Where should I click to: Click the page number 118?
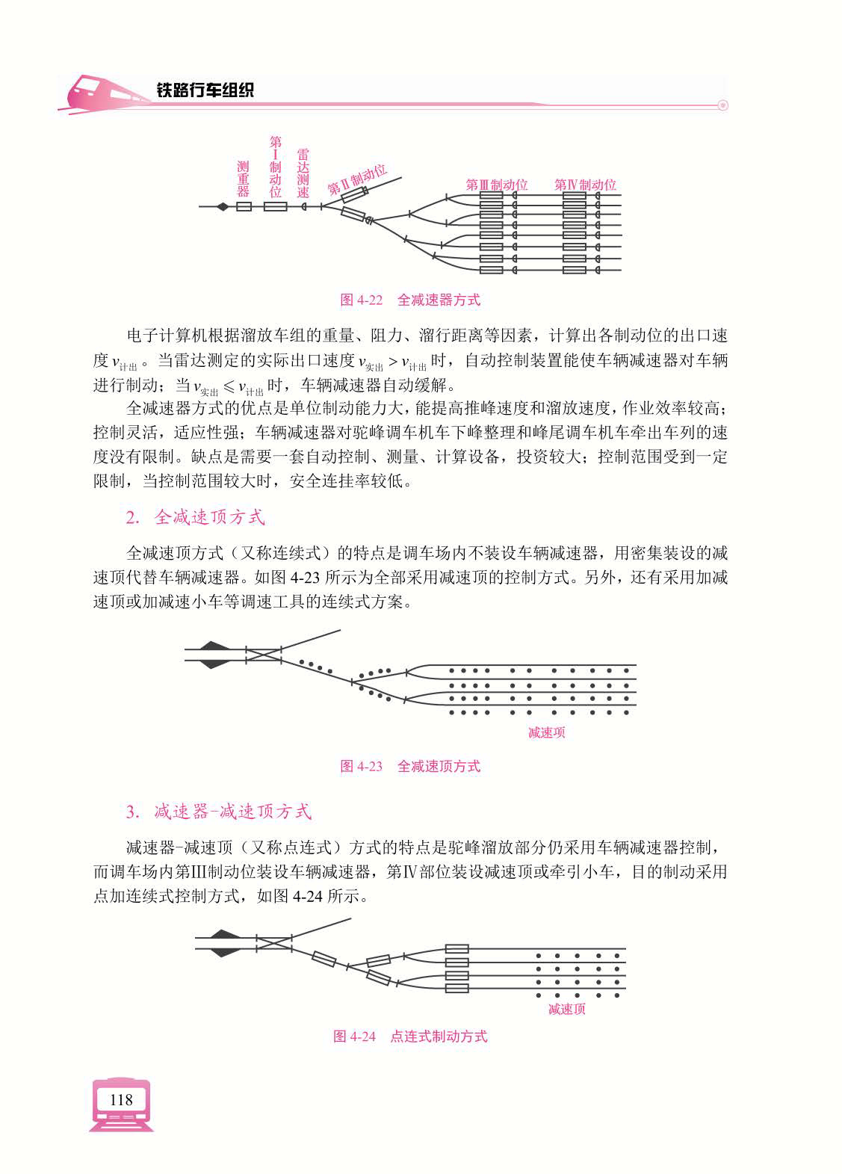(x=120, y=1099)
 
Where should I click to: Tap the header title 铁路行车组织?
(x=205, y=90)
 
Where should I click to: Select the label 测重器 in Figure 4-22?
(x=243, y=179)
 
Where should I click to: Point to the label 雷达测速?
(x=303, y=173)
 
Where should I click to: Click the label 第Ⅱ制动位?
(x=357, y=180)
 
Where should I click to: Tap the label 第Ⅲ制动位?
(x=496, y=185)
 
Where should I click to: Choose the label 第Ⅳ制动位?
(x=585, y=185)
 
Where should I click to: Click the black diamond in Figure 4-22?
(x=222, y=206)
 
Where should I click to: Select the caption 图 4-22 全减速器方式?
(x=409, y=300)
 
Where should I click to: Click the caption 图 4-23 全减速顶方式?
(x=409, y=766)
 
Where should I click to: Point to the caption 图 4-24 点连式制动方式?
(x=409, y=1036)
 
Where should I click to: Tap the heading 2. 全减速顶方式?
(x=195, y=517)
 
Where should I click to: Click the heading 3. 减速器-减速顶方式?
(x=219, y=812)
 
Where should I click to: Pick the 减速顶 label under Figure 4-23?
(x=546, y=732)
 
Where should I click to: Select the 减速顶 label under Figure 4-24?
(x=566, y=1010)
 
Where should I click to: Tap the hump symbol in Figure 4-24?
(x=222, y=943)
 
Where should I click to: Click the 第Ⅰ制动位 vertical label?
(x=275, y=167)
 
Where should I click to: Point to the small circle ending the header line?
(x=722, y=105)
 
